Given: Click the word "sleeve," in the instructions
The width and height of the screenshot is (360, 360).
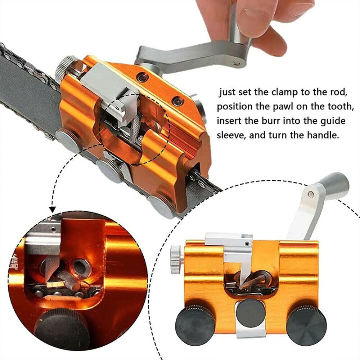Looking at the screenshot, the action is (231, 135).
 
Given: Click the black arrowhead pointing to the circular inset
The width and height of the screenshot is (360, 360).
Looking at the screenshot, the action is (53, 209).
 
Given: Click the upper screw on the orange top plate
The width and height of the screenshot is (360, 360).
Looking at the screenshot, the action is (141, 78).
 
